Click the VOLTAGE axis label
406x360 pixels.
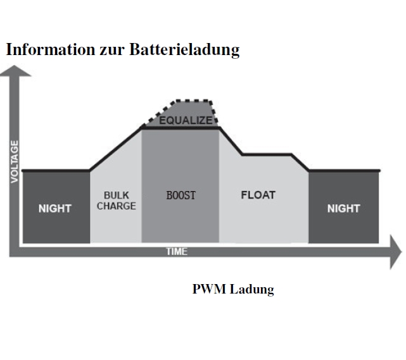pos(15,162)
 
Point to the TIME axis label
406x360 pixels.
pos(177,252)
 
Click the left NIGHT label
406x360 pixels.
pos(55,208)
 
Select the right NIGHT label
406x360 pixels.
pos(343,208)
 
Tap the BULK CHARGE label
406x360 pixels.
pos(116,201)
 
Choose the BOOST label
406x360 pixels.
pos(181,196)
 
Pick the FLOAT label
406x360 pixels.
pos(258,195)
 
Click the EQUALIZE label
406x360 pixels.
pos(186,120)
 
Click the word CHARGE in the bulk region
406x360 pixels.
pos(116,206)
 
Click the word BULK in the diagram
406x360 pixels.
pos(117,196)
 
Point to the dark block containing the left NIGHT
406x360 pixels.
pos(56,225)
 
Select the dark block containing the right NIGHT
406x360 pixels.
pos(343,225)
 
